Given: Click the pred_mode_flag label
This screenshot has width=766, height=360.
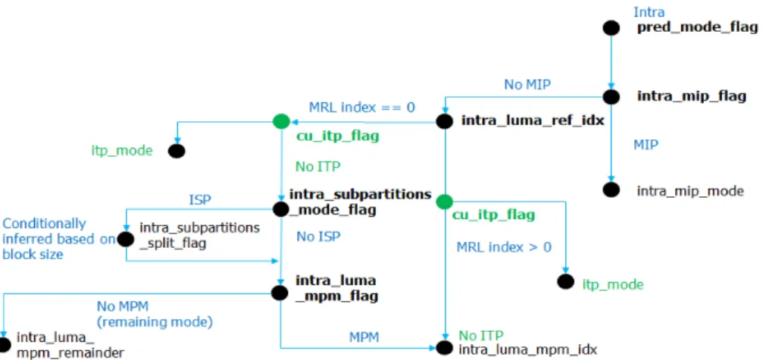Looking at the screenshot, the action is pyautogui.click(x=697, y=27).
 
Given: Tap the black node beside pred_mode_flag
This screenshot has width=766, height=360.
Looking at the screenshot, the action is pyautogui.click(x=611, y=28).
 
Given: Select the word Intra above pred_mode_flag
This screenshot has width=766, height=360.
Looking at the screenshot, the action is pyautogui.click(x=649, y=11).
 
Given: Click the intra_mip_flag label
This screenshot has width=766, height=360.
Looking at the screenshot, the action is pyautogui.click(x=692, y=96).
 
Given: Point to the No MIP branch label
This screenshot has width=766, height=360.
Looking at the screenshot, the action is pyautogui.click(x=527, y=85).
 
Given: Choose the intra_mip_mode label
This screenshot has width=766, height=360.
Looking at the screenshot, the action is pyautogui.click(x=690, y=191).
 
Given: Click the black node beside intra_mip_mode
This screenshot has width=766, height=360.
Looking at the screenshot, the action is pyautogui.click(x=611, y=189).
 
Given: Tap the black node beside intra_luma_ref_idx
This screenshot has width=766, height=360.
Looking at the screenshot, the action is pyautogui.click(x=444, y=121).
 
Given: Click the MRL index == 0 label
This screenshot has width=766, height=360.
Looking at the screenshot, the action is pyautogui.click(x=362, y=107).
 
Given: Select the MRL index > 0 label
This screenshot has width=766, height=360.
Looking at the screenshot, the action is pyautogui.click(x=504, y=247).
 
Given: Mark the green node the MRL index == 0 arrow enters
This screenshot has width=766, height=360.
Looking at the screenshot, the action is pyautogui.click(x=281, y=121).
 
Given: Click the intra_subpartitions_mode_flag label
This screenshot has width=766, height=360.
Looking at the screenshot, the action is pyautogui.click(x=360, y=202).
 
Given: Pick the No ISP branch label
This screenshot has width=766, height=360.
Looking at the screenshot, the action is pyautogui.click(x=318, y=236).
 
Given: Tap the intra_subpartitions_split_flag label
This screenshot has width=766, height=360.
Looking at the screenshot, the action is pyautogui.click(x=200, y=236).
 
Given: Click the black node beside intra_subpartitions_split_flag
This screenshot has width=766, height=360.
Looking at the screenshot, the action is pyautogui.click(x=126, y=239).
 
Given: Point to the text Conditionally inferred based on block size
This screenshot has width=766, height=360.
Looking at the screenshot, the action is pyautogui.click(x=58, y=239).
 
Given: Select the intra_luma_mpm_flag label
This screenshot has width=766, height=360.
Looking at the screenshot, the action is pyautogui.click(x=336, y=288).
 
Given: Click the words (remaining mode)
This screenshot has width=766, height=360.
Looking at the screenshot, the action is pyautogui.click(x=155, y=322).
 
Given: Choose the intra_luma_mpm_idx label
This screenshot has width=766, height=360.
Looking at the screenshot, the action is pyautogui.click(x=527, y=349).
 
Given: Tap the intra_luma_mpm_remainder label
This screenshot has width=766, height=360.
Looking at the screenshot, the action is pyautogui.click(x=70, y=345).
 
